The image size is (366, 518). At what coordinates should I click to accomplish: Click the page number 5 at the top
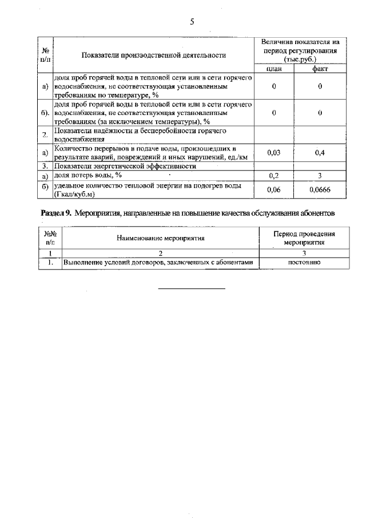[193, 22]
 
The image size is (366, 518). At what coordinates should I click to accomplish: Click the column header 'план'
[274, 69]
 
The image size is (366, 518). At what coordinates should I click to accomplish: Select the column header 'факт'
[320, 69]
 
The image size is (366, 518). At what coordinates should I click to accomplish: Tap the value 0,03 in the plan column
[274, 152]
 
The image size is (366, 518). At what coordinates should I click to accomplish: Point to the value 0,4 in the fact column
[320, 152]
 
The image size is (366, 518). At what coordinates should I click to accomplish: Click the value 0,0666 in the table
[320, 189]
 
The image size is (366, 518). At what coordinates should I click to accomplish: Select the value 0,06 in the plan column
[274, 189]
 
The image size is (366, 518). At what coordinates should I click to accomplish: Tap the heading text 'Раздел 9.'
[55, 213]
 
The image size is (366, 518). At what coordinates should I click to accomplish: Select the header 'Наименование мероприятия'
[160, 238]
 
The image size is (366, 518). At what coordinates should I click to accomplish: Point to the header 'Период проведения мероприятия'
[304, 238]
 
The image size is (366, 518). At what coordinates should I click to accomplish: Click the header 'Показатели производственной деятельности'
[153, 55]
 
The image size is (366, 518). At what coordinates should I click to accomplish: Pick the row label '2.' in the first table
[45, 135]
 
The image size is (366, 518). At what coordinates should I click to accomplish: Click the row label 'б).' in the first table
[45, 113]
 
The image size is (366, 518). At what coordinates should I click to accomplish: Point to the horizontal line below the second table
[192, 288]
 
